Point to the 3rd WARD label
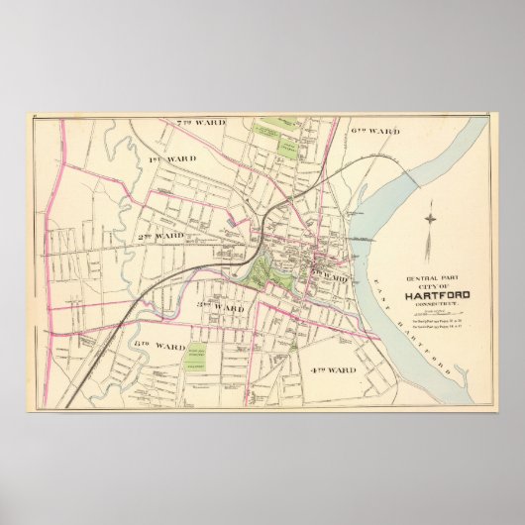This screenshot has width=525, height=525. coord(220,308)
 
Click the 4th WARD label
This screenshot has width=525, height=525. coord(328,369)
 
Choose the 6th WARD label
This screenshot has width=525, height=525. coord(374,130)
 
